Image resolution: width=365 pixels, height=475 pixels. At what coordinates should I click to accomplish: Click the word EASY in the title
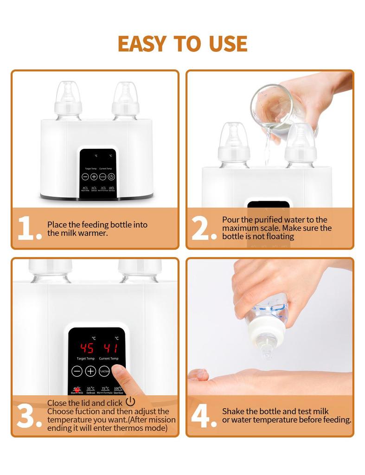[142, 43]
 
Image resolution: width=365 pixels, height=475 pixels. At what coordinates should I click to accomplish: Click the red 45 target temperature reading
[87, 348]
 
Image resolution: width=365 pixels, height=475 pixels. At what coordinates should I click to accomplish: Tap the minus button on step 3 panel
[77, 371]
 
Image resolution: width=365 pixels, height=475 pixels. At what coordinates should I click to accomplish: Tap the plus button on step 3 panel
[90, 371]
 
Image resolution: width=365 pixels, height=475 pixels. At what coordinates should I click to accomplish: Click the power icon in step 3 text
[130, 402]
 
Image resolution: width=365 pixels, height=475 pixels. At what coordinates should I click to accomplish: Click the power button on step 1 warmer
[111, 177]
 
